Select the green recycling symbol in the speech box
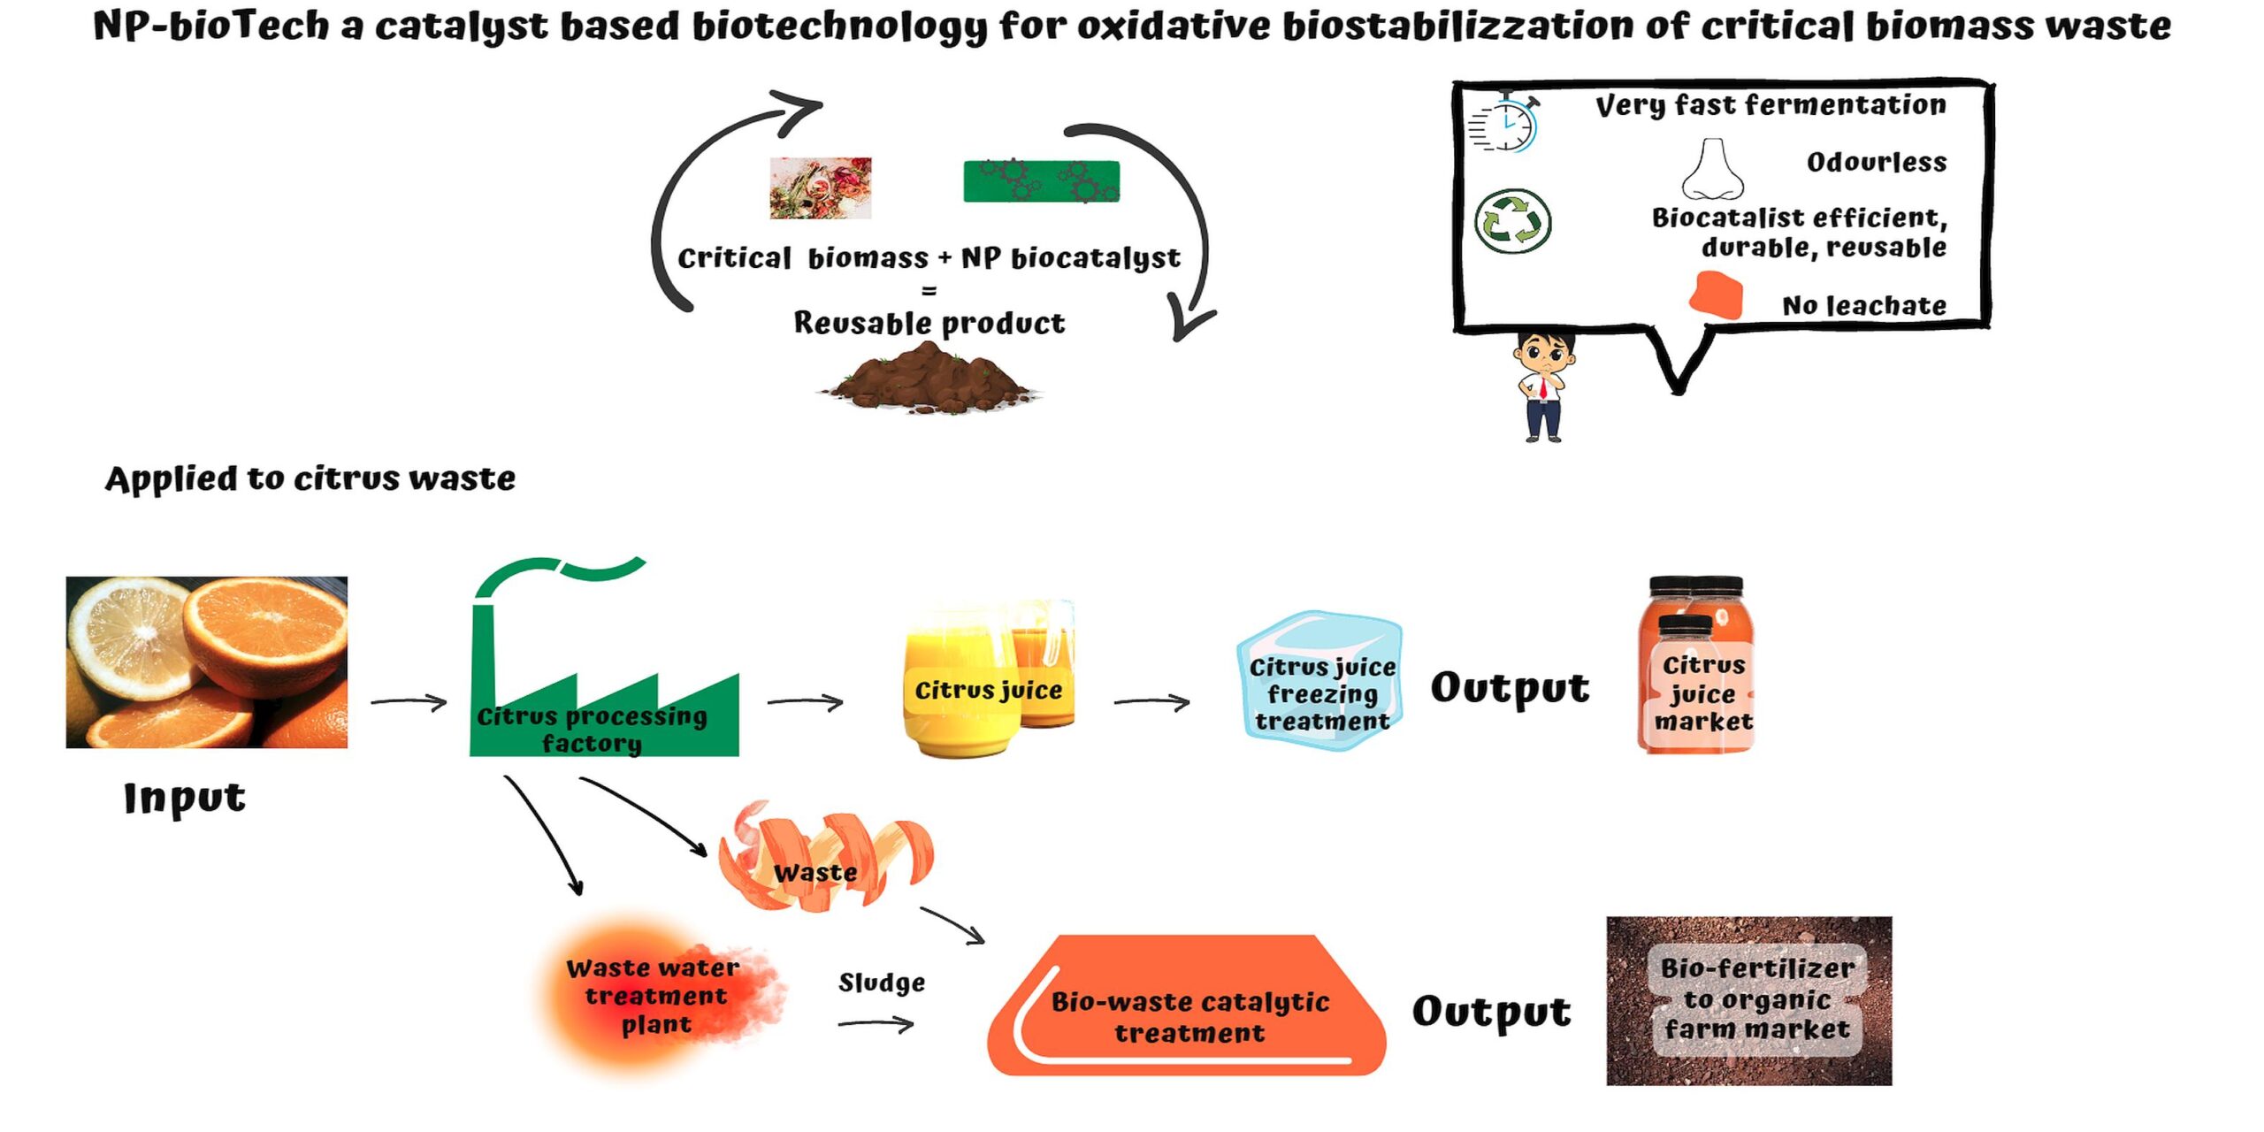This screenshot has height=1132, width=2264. tap(1512, 221)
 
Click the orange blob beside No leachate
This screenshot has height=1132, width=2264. tap(1716, 294)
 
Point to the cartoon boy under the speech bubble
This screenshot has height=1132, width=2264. tap(1544, 386)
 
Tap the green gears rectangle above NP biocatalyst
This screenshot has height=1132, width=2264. tap(1041, 180)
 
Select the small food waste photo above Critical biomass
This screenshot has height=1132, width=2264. tap(821, 187)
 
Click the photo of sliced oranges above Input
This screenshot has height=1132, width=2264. tap(207, 662)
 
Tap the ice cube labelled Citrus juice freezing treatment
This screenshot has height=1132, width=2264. tap(1320, 680)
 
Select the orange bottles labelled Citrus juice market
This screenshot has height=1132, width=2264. tap(1697, 664)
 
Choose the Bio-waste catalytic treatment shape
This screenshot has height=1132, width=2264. tap(1187, 1006)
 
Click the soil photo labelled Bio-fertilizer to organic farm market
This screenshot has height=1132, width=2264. tap(1748, 1001)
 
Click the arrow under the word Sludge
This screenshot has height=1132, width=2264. tap(876, 1024)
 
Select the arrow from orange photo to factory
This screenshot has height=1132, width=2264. tap(409, 702)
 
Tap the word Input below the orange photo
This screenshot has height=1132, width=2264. tap(184, 799)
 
